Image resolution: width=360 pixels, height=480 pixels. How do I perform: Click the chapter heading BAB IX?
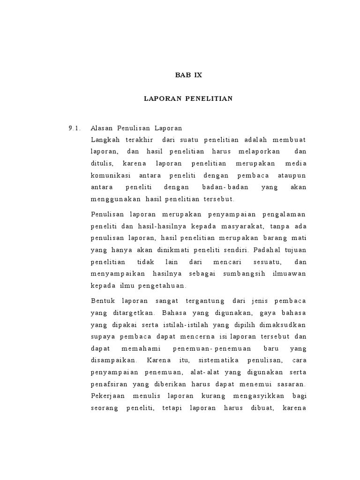(188, 75)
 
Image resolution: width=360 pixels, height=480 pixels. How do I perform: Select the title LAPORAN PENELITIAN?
(188, 99)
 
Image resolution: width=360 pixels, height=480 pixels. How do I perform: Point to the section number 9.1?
(75, 128)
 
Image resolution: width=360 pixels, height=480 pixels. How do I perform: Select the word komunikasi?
(112, 175)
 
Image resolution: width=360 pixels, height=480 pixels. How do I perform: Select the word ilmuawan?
(289, 273)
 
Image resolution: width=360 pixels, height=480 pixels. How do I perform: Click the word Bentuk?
(101, 300)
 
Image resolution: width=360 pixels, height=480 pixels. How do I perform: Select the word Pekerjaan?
(107, 396)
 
